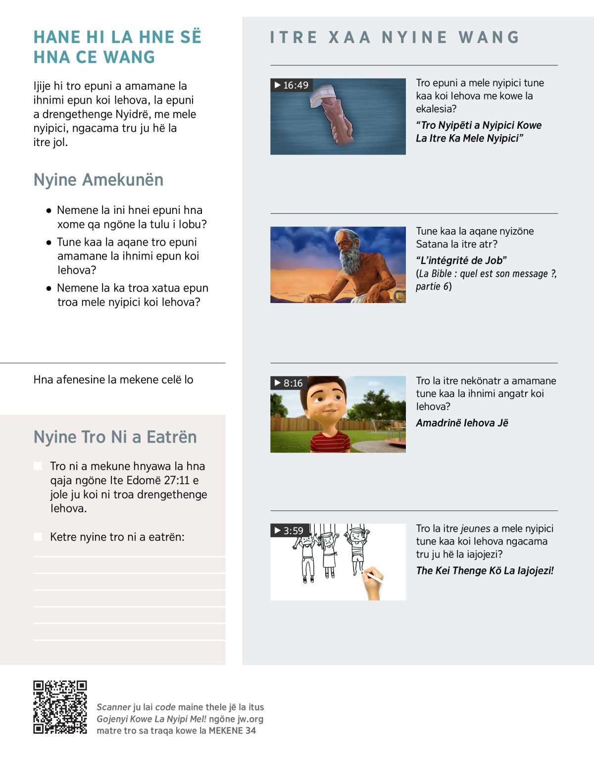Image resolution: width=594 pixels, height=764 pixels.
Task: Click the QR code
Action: click(60, 707)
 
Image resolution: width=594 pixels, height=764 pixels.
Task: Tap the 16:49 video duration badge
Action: click(292, 85)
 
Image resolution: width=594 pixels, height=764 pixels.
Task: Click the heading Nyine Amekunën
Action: click(98, 180)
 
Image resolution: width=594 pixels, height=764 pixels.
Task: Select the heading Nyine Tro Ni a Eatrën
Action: click(115, 437)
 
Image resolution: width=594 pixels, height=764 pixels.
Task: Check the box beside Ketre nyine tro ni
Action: click(38, 537)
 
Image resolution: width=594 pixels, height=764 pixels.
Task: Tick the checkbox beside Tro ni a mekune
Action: click(38, 466)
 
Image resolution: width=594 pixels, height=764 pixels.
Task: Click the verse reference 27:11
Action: click(177, 480)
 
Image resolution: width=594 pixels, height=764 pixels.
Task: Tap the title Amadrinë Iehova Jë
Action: click(462, 423)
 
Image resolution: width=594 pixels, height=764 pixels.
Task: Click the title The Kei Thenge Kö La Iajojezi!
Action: click(485, 570)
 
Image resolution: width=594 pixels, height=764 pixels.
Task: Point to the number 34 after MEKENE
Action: click(250, 730)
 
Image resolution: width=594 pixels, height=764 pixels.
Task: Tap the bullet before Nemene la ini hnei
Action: click(49, 210)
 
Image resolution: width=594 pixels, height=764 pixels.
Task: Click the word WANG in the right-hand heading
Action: click(489, 38)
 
